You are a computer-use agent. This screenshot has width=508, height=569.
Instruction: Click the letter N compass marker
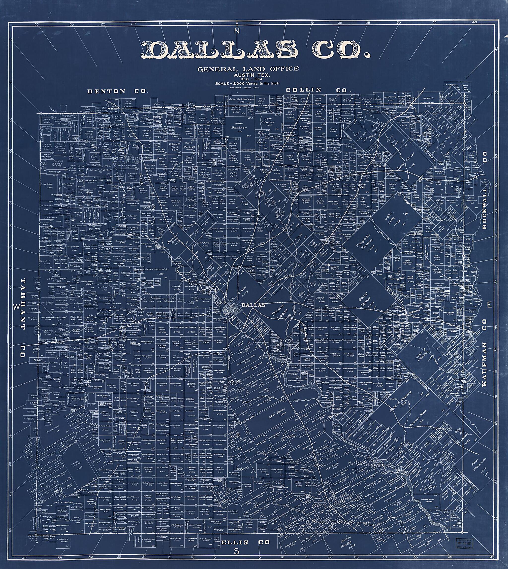coord(237,31)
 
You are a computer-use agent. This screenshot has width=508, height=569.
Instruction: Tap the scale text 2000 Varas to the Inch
coord(247,83)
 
